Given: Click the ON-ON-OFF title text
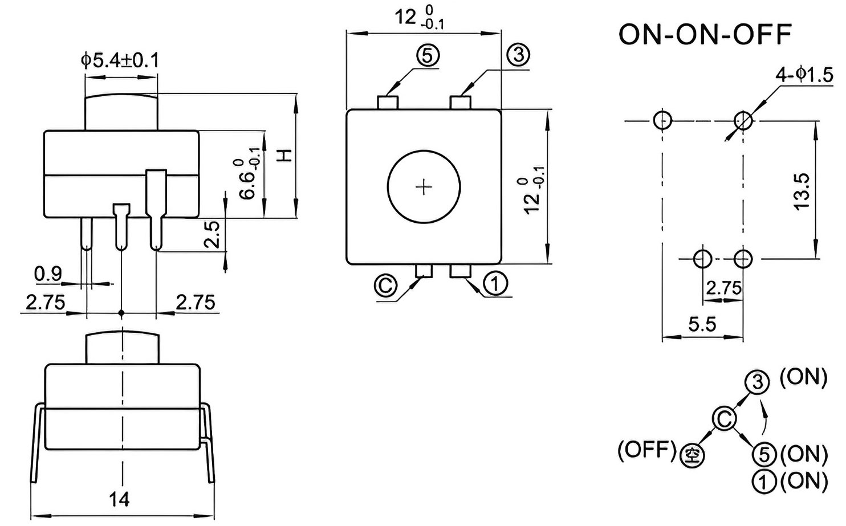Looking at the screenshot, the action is pos(705,34).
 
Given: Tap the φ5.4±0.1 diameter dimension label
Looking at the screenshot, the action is pos(120,60).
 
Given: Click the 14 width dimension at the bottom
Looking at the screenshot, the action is pos(119,500).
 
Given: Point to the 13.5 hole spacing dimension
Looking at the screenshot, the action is pos(802,191).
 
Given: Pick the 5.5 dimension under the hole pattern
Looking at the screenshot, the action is pos(702,324).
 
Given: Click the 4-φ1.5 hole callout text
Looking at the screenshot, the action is pos(804,75).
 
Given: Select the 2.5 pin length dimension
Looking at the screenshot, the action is pos(212,234).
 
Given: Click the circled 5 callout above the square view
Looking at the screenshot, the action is pos(428,56).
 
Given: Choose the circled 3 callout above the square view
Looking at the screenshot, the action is pos(518,55).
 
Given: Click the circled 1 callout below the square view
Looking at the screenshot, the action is pos(495,283).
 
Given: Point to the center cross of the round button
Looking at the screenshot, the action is pos(424,187).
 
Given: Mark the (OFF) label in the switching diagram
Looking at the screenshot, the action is pos(646,450).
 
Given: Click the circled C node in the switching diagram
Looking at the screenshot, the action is pos(725,419).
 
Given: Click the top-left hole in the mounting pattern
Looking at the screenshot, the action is pos(662,120).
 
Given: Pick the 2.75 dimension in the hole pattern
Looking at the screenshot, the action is pos(723,289).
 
